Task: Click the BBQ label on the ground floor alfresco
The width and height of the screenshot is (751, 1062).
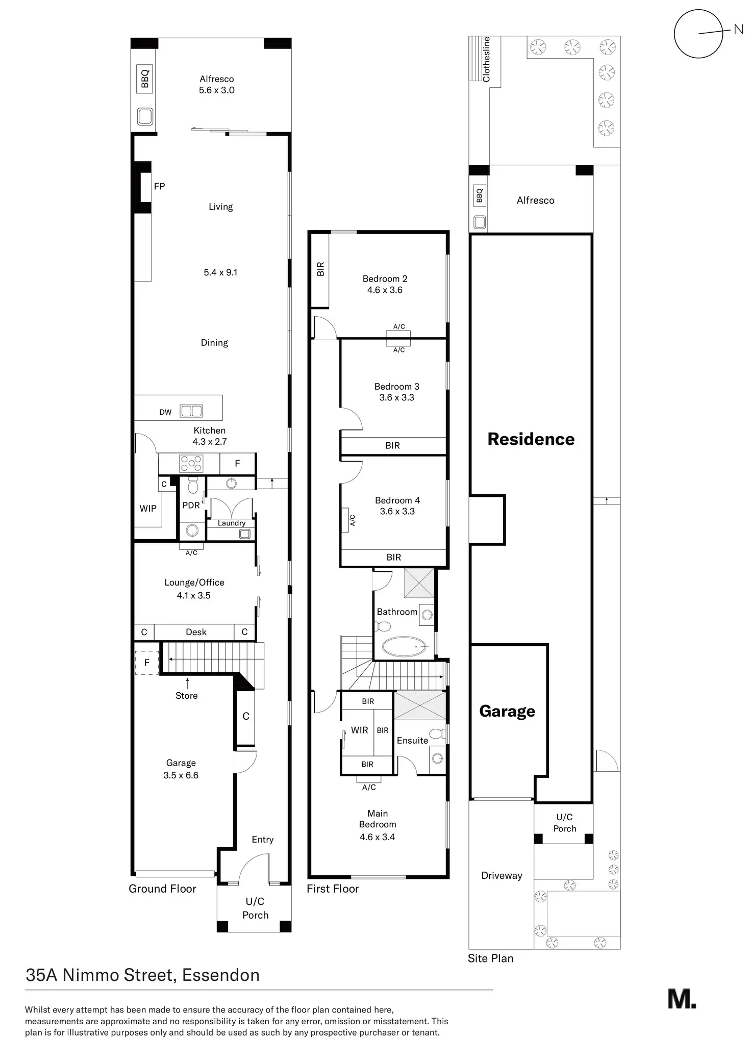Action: pyautogui.click(x=145, y=79)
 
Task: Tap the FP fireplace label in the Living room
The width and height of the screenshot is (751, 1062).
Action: pyautogui.click(x=159, y=187)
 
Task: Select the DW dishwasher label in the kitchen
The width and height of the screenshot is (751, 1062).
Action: pyautogui.click(x=165, y=412)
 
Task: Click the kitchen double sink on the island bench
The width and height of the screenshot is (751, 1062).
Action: pyautogui.click(x=192, y=411)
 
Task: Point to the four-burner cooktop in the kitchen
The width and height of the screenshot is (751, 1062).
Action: pyautogui.click(x=191, y=464)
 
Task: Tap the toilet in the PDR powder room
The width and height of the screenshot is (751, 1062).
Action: pyautogui.click(x=192, y=485)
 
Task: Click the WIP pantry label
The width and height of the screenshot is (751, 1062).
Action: pyautogui.click(x=148, y=508)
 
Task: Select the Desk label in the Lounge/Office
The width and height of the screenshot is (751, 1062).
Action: pyautogui.click(x=196, y=632)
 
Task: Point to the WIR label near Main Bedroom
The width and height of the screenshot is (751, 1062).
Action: pyautogui.click(x=359, y=730)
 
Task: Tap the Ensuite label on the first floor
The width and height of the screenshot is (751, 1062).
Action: pyautogui.click(x=412, y=740)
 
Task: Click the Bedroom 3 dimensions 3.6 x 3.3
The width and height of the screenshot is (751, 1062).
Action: pyautogui.click(x=396, y=397)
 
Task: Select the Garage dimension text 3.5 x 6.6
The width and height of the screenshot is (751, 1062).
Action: pyautogui.click(x=181, y=775)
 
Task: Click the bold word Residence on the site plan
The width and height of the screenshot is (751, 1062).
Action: pyautogui.click(x=531, y=439)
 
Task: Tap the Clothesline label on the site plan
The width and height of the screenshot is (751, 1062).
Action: pyautogui.click(x=486, y=59)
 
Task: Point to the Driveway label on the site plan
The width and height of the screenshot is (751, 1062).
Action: pyautogui.click(x=502, y=875)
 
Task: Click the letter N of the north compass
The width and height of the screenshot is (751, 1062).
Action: pyautogui.click(x=738, y=30)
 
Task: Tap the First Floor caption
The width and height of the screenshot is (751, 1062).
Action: pyautogui.click(x=333, y=889)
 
